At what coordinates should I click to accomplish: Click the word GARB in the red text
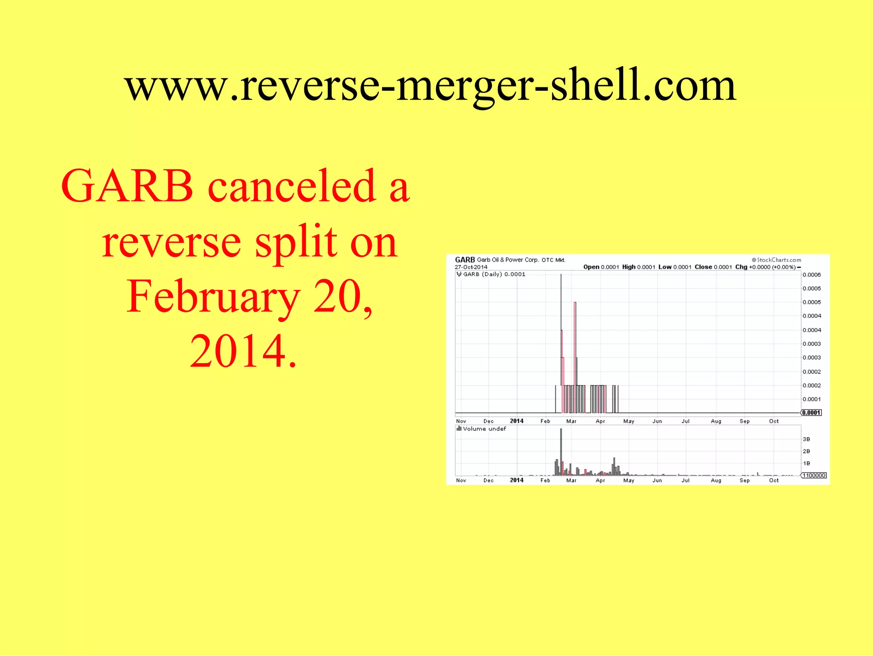[x=127, y=186]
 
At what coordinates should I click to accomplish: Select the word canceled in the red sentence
[x=292, y=186]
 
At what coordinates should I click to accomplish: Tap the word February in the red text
[x=213, y=297]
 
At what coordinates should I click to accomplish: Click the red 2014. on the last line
[x=243, y=351]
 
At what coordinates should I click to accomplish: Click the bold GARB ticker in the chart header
[x=465, y=260]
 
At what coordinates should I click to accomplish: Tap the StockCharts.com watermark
[x=776, y=260]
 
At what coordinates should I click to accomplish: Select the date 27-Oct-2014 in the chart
[x=471, y=267]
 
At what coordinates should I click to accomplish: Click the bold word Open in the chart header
[x=591, y=267]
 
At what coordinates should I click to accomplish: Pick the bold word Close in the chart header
[x=703, y=267]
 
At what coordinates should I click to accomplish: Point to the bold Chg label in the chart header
[x=741, y=267]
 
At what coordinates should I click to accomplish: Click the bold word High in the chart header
[x=629, y=267]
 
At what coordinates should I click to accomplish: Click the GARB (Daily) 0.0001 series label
[x=494, y=274]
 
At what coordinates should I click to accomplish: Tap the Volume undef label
[x=484, y=429]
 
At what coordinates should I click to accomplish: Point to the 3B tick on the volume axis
[x=806, y=439]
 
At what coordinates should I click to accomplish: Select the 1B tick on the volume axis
[x=806, y=463]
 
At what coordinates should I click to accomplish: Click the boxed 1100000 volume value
[x=814, y=475]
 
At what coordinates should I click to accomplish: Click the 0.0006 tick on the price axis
[x=812, y=275]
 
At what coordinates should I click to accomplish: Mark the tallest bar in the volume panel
[x=561, y=452]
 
